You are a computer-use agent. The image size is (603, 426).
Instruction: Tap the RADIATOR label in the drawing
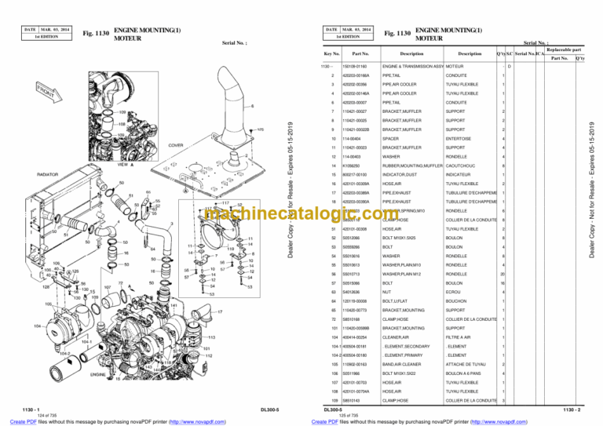pos(53,174)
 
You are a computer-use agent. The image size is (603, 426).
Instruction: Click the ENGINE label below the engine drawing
pos(99,375)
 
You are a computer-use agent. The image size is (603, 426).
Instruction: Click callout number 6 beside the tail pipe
pos(252,106)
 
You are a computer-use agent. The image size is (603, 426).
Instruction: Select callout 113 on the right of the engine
pos(212,337)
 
